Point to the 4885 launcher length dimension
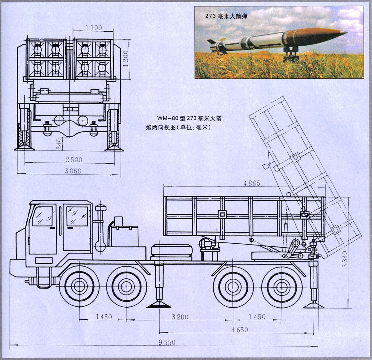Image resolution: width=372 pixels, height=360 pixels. tap(252, 183)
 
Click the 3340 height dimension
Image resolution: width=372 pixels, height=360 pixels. tap(344, 259)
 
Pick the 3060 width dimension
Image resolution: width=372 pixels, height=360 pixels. tap(73, 171)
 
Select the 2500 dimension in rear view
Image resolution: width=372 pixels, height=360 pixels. tap(74, 160)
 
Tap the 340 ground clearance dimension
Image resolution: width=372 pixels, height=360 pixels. tap(60, 144)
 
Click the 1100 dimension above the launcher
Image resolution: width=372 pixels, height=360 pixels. tap(94, 28)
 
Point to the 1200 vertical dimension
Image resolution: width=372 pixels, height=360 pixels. tap(126, 59)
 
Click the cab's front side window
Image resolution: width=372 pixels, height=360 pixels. tap(42, 216)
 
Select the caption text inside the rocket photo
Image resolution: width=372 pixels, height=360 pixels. tap(226, 16)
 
